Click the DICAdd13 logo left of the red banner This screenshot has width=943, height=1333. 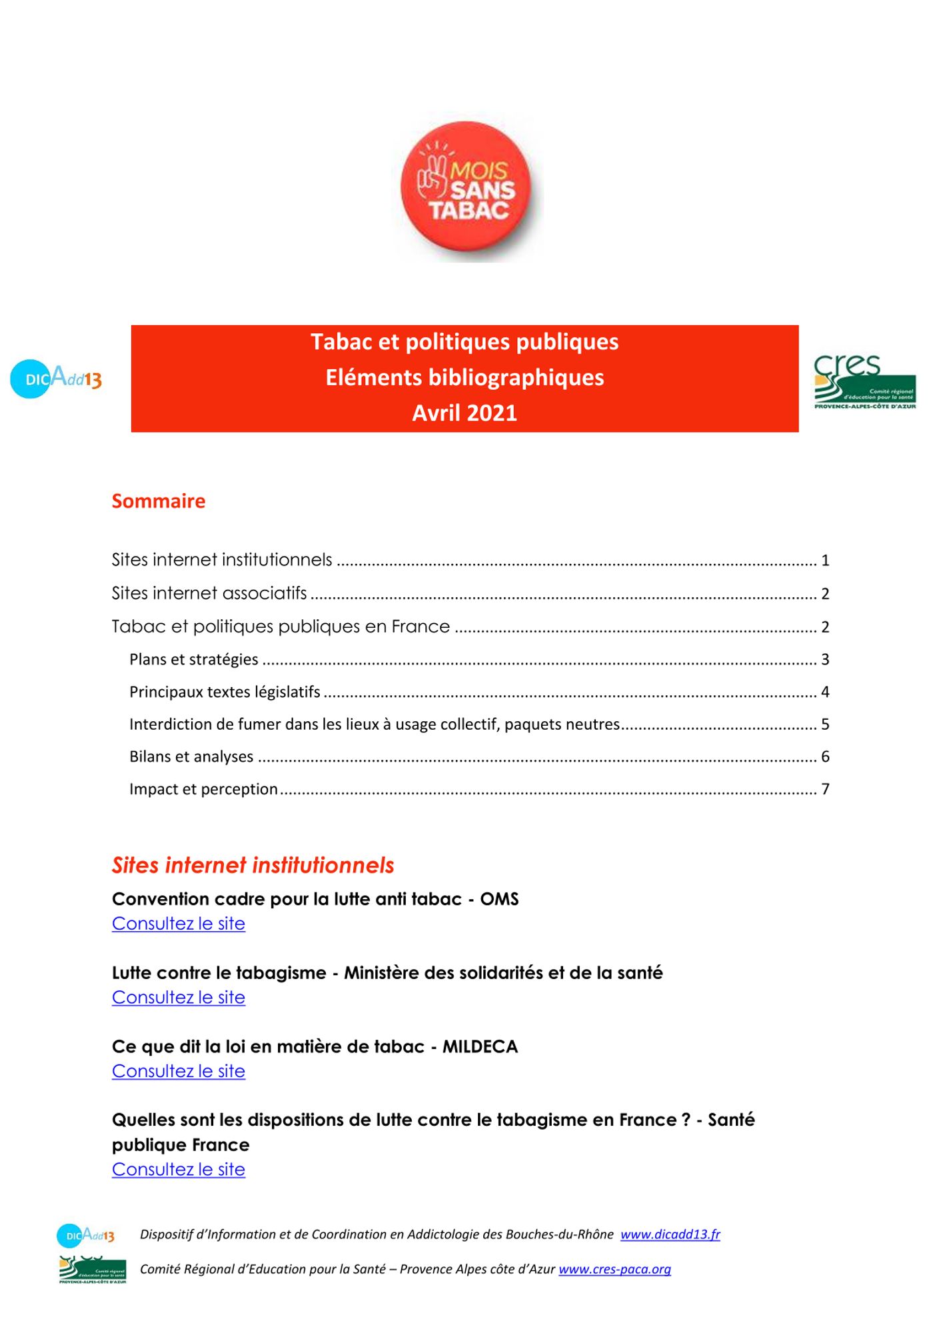[x=56, y=379]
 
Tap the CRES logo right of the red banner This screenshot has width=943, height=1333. [x=864, y=382]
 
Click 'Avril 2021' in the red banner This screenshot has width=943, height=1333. [x=465, y=413]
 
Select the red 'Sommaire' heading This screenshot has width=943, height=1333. [x=159, y=501]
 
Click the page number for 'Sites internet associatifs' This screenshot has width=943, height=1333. [x=825, y=594]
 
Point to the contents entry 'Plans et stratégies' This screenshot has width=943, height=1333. [x=194, y=659]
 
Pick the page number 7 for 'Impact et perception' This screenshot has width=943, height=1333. [x=825, y=789]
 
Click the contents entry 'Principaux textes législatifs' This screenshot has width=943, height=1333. [x=225, y=692]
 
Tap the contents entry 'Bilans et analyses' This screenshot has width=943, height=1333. [x=191, y=756]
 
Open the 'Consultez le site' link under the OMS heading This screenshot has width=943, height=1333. [x=179, y=924]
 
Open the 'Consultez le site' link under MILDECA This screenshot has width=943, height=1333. [x=179, y=1071]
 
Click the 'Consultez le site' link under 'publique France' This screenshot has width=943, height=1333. [x=179, y=1169]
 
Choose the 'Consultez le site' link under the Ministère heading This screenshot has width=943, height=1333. [x=179, y=997]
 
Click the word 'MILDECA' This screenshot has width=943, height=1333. [x=480, y=1046]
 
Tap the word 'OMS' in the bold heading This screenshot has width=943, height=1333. [x=499, y=899]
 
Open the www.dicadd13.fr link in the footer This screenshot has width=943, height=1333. [x=670, y=1234]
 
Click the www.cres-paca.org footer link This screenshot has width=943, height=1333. [x=614, y=1269]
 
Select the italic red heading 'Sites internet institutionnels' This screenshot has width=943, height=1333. [x=253, y=865]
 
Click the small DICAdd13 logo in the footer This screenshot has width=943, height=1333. [x=86, y=1235]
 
